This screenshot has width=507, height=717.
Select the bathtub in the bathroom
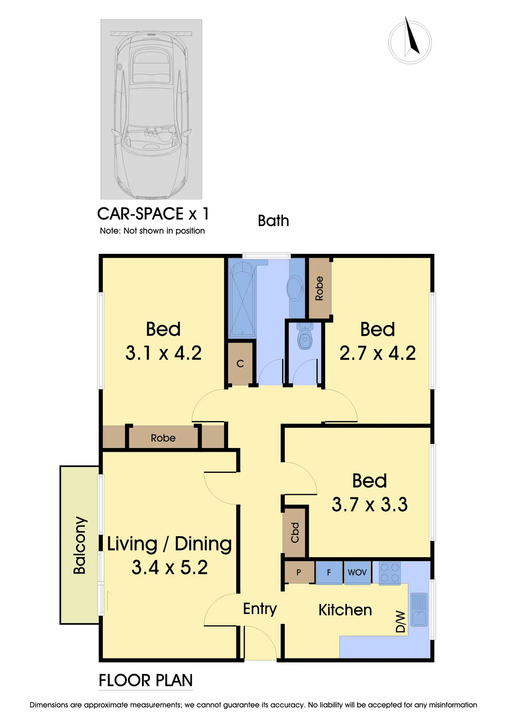[242, 299]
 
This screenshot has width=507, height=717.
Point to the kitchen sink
[419, 609]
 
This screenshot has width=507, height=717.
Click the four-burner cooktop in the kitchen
[390, 573]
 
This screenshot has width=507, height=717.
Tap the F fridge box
[329, 572]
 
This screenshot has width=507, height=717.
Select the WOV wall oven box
[357, 572]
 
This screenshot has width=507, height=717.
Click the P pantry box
[299, 572]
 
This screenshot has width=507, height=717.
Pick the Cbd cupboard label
[295, 532]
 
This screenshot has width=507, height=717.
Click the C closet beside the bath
[240, 364]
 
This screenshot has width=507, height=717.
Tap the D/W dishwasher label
[400, 622]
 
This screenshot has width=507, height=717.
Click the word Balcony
[80, 545]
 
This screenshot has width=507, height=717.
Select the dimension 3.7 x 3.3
[370, 505]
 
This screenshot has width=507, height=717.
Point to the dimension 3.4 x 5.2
[169, 568]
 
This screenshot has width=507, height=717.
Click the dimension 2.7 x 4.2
[377, 353]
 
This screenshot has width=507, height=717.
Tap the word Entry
[260, 609]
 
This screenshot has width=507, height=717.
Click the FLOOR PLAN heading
[146, 680]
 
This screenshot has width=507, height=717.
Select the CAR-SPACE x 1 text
[153, 214]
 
